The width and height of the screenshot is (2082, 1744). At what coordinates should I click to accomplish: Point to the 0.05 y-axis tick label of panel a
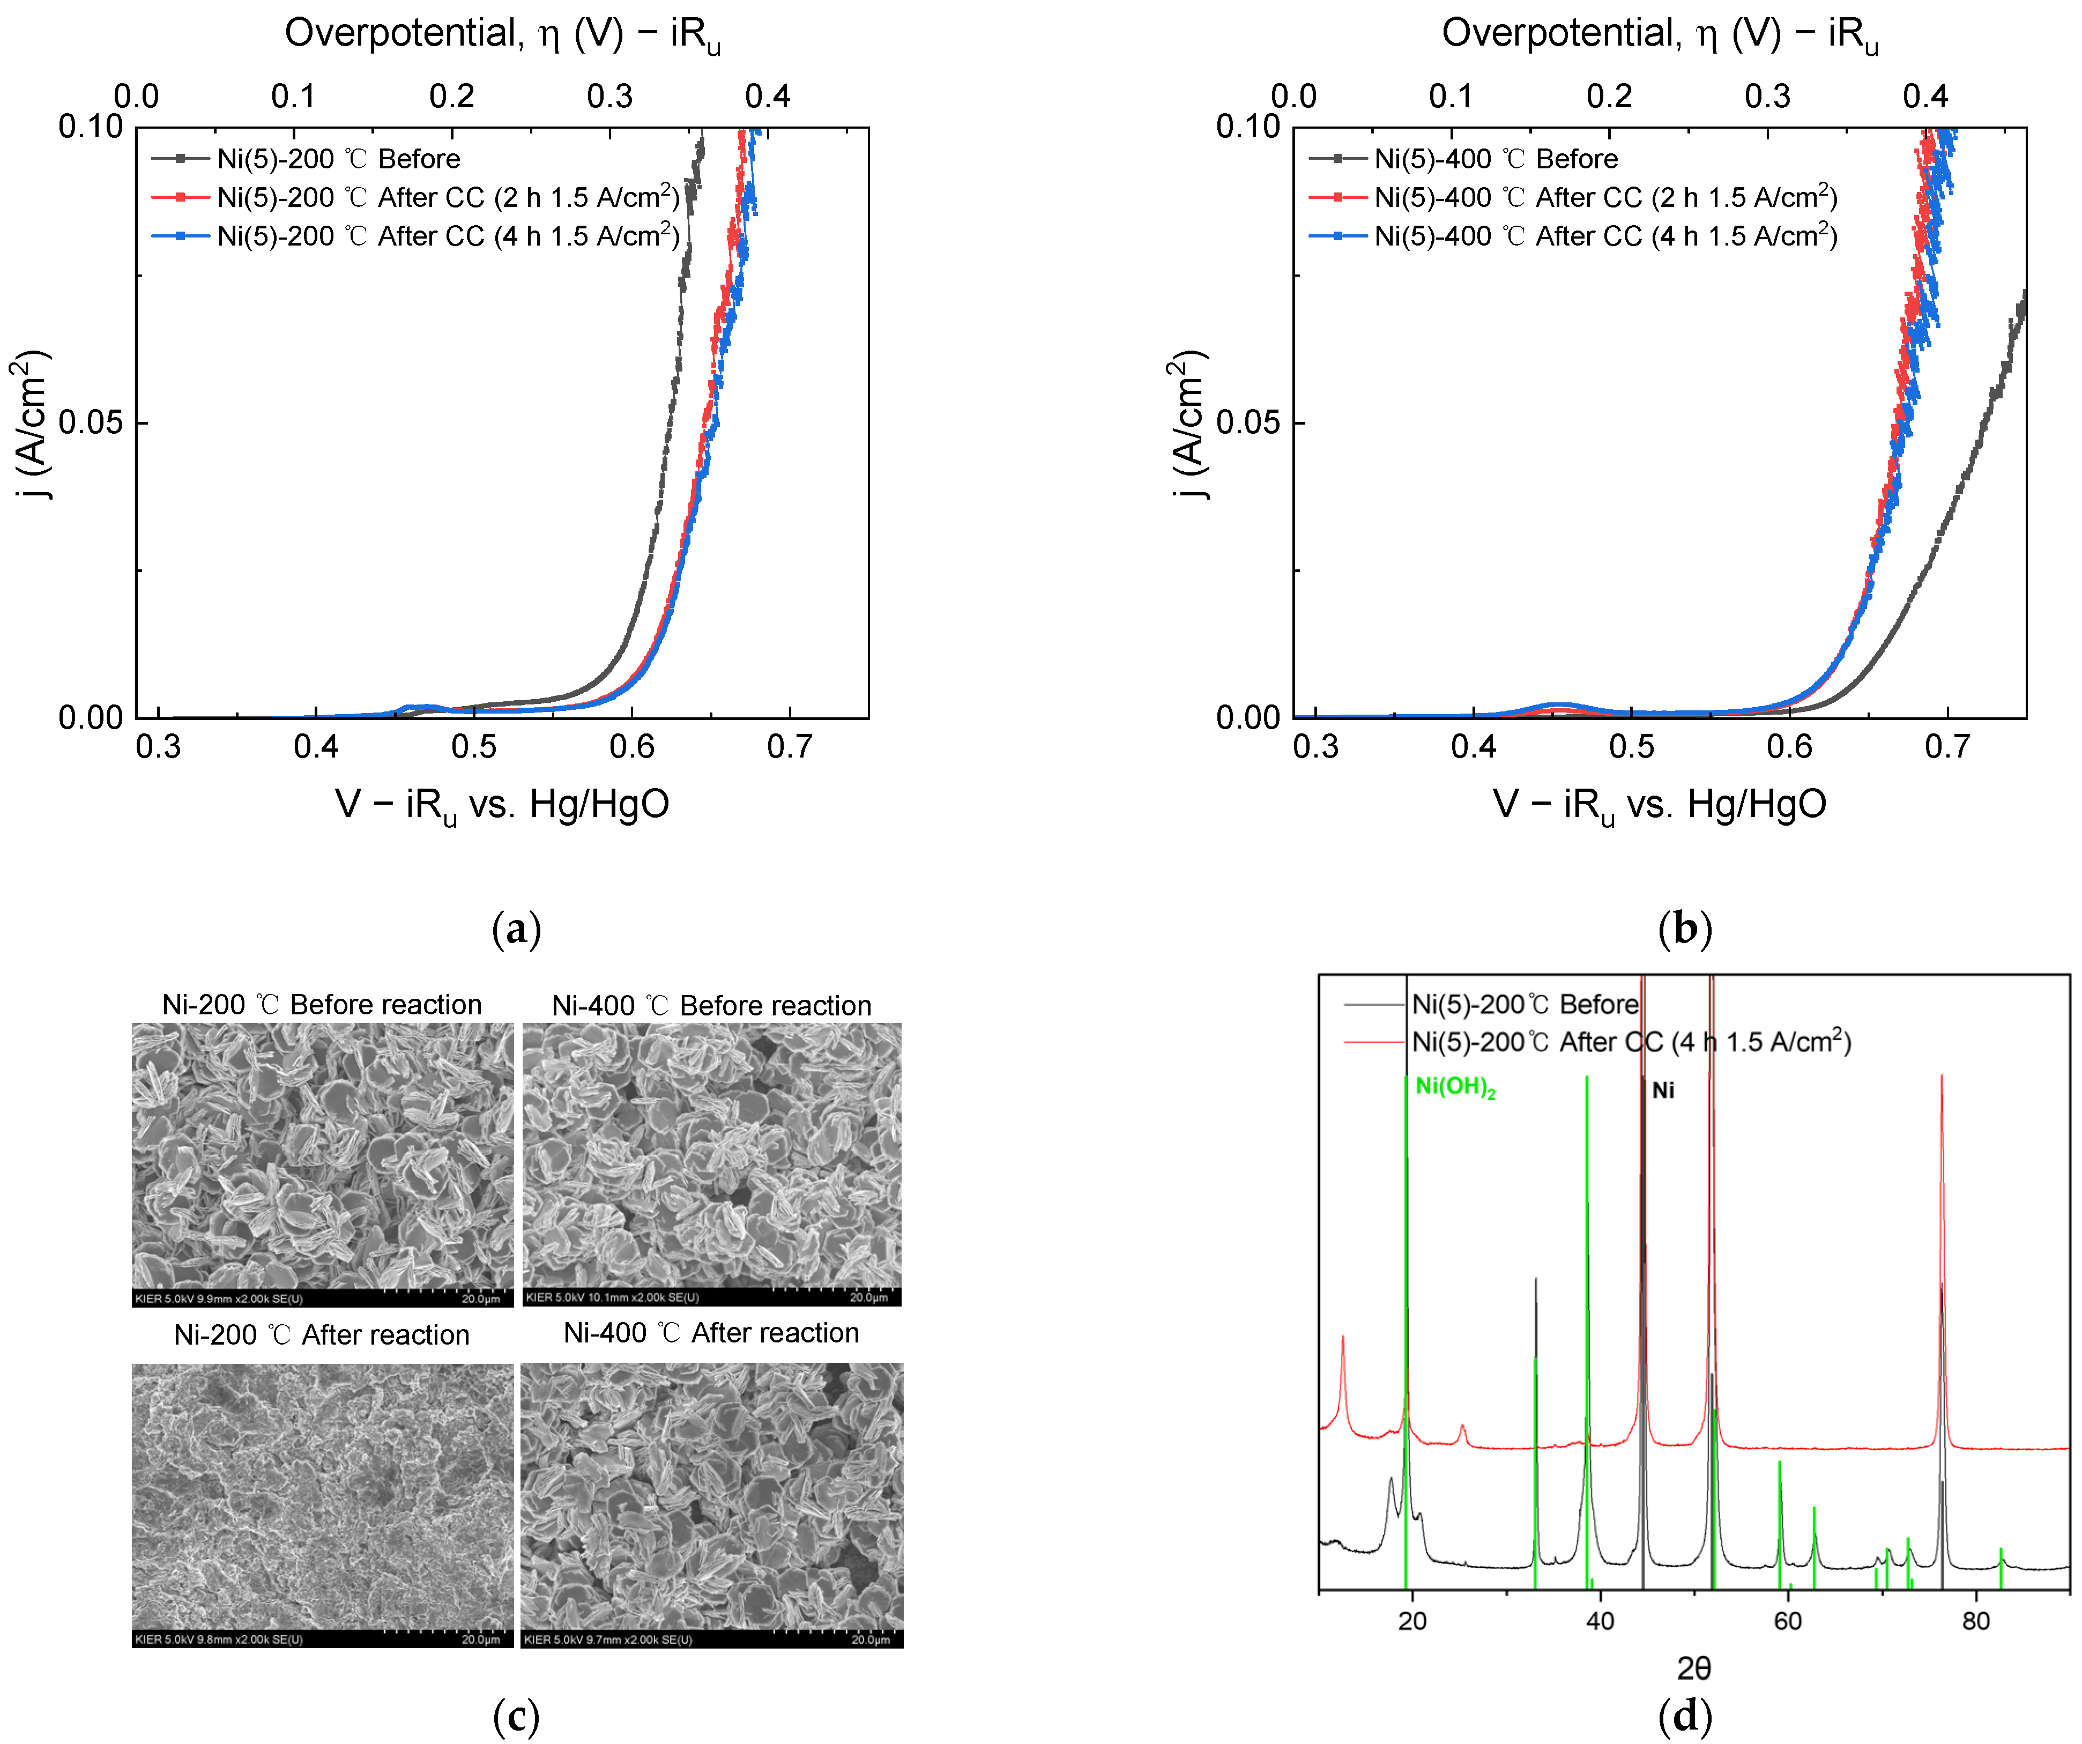pos(89,422)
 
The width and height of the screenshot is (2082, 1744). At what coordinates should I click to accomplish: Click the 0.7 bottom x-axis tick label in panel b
pos(1946,747)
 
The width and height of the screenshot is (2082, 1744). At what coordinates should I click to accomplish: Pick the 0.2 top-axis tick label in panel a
pos(451,96)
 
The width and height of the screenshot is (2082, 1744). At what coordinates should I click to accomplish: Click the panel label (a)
pos(516,929)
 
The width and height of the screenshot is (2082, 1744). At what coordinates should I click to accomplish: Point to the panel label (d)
pos(1684,1715)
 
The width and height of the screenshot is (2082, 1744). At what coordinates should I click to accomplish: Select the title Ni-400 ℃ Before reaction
pos(711,1005)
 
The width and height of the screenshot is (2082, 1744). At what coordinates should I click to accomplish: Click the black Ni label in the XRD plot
pos(1663,1090)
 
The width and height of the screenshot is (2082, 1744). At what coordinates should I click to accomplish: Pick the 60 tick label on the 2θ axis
pos(1788,1621)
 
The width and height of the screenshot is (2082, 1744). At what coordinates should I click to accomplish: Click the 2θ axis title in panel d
pos(1693,1668)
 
